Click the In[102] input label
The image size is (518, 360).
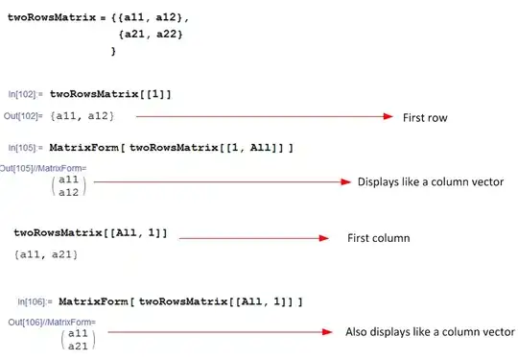tap(26, 94)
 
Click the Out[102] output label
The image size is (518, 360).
tap(23, 116)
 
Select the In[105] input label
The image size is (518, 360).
tap(26, 148)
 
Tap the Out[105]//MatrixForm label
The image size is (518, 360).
tap(43, 169)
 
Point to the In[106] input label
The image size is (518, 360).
tap(35, 301)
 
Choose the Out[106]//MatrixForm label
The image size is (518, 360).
tap(52, 322)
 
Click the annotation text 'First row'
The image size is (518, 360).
tap(425, 118)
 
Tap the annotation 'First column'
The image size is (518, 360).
tap(379, 238)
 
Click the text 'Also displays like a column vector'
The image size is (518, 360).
tap(430, 332)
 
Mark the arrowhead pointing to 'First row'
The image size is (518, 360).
tap(388, 116)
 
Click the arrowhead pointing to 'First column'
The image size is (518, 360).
tap(324, 238)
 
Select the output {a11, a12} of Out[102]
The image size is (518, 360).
tap(82, 116)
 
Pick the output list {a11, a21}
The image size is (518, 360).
tap(46, 254)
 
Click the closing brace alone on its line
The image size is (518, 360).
tap(113, 51)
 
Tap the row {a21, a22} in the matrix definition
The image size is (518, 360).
tap(151, 34)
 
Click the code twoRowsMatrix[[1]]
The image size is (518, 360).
tap(110, 94)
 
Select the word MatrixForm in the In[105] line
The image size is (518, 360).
tap(83, 148)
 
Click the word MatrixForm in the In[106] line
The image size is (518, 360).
tap(93, 301)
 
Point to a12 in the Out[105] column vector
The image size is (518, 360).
tap(69, 192)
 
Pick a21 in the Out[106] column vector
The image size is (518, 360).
tap(78, 347)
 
